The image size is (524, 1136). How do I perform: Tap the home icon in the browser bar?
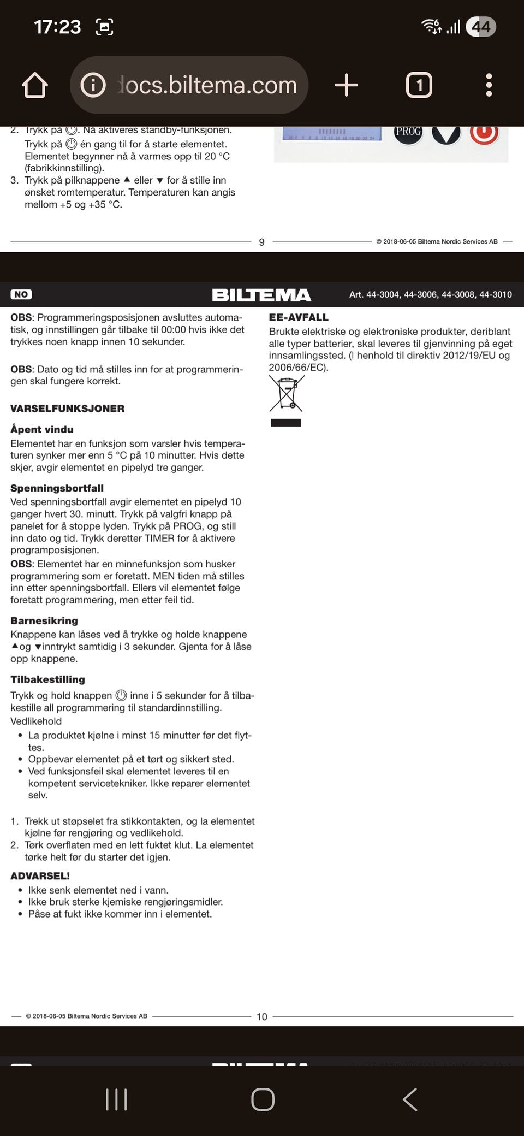35,85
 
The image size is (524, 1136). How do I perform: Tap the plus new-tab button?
346,85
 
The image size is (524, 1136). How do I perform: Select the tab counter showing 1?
419,85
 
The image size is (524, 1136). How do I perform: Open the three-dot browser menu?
489,85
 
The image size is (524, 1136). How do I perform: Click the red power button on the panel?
484,133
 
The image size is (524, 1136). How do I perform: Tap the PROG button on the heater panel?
408,132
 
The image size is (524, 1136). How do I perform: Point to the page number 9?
261,242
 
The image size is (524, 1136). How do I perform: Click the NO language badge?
21,294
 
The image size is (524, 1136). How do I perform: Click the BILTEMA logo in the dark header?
261,295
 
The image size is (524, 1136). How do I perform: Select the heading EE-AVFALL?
299,317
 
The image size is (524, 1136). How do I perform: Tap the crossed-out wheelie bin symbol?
286,393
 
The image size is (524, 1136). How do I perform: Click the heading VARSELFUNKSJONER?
67,409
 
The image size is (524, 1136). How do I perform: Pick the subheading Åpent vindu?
42,429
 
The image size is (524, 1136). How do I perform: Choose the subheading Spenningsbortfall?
57,488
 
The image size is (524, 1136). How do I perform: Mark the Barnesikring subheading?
44,620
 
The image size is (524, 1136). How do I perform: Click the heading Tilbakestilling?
48,679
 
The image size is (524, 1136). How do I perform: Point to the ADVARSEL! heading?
40,876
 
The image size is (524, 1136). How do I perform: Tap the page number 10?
262,1016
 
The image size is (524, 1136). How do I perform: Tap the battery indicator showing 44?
481,27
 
